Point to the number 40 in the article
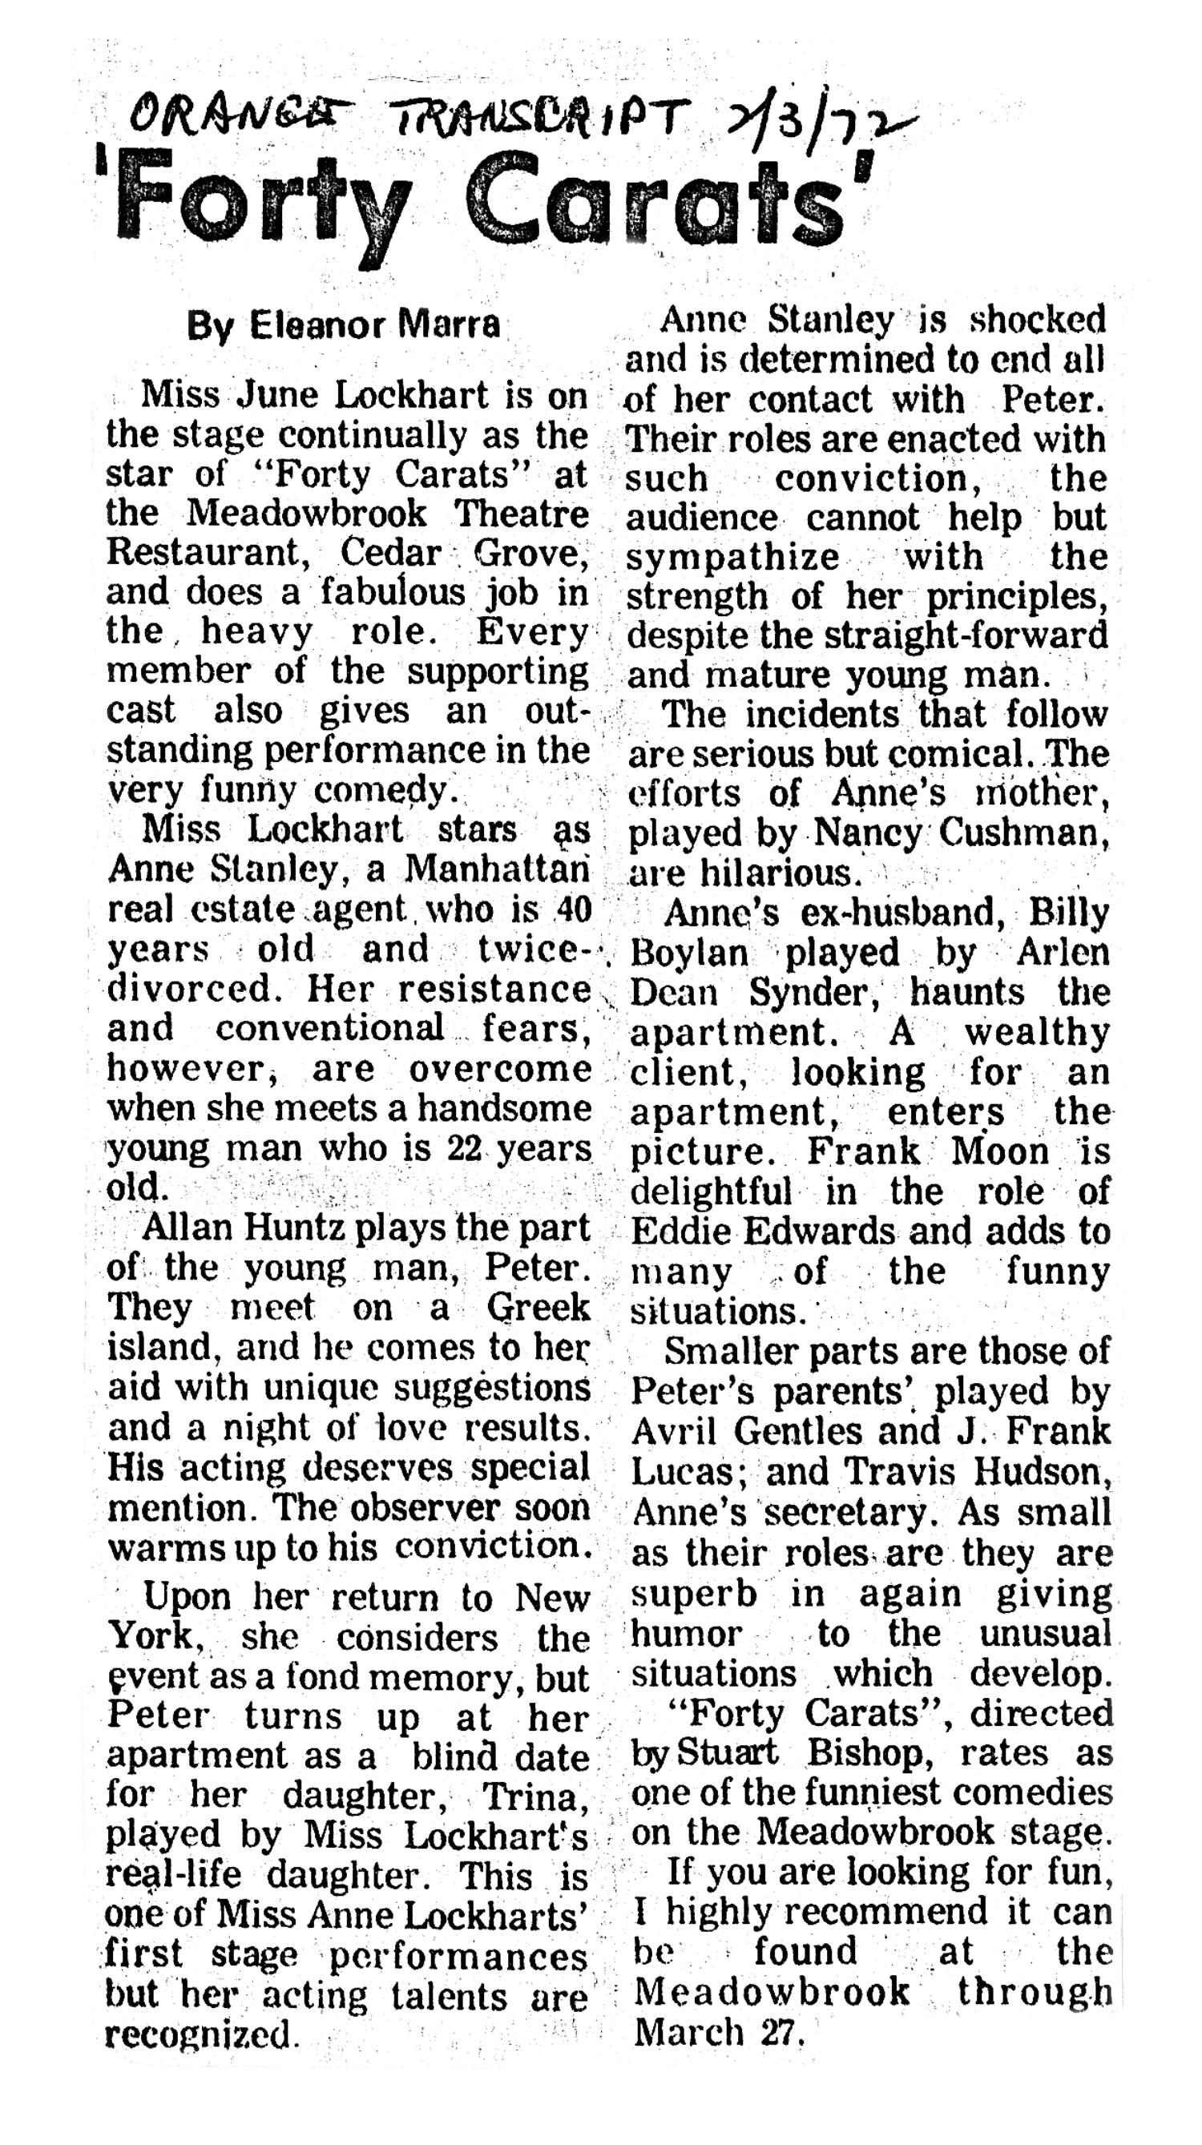(572, 909)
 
